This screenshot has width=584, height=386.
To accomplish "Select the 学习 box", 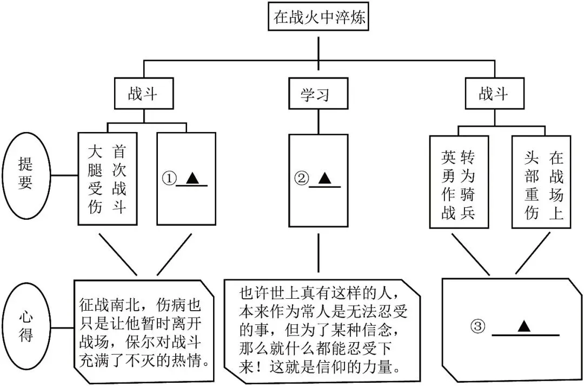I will tap(315, 95).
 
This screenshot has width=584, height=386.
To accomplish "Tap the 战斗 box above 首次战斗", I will tap(143, 94).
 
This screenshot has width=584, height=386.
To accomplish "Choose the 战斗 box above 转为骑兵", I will tap(493, 94).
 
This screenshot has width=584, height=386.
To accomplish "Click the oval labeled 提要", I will tap(25, 175).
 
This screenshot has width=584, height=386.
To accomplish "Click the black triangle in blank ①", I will tap(191, 178).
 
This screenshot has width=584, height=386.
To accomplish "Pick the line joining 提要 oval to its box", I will tap(64, 175).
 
